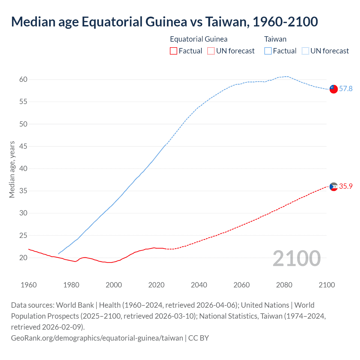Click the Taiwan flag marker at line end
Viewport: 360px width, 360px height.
point(333,89)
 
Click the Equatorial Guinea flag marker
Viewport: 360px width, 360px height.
point(333,186)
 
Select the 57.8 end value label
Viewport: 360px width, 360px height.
point(346,89)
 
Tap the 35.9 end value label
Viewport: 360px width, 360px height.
point(346,186)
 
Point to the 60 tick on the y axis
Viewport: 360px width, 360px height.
point(23,80)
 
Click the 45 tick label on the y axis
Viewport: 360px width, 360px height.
point(23,146)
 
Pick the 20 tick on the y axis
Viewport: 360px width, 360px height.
point(23,258)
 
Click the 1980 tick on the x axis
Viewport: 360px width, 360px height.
point(71,285)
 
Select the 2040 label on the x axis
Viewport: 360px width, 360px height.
point(199,285)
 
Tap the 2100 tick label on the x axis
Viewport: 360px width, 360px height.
point(327,285)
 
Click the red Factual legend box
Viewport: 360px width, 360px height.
point(174,51)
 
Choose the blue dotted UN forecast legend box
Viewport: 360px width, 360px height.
point(305,51)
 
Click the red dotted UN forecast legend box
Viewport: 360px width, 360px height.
point(211,51)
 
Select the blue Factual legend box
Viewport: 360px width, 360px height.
point(268,51)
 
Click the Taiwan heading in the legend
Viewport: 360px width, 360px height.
point(275,39)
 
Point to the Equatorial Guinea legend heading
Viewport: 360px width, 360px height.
point(199,39)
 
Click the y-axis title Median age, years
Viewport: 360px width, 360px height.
point(12,170)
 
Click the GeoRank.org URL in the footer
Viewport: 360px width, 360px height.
point(97,338)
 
